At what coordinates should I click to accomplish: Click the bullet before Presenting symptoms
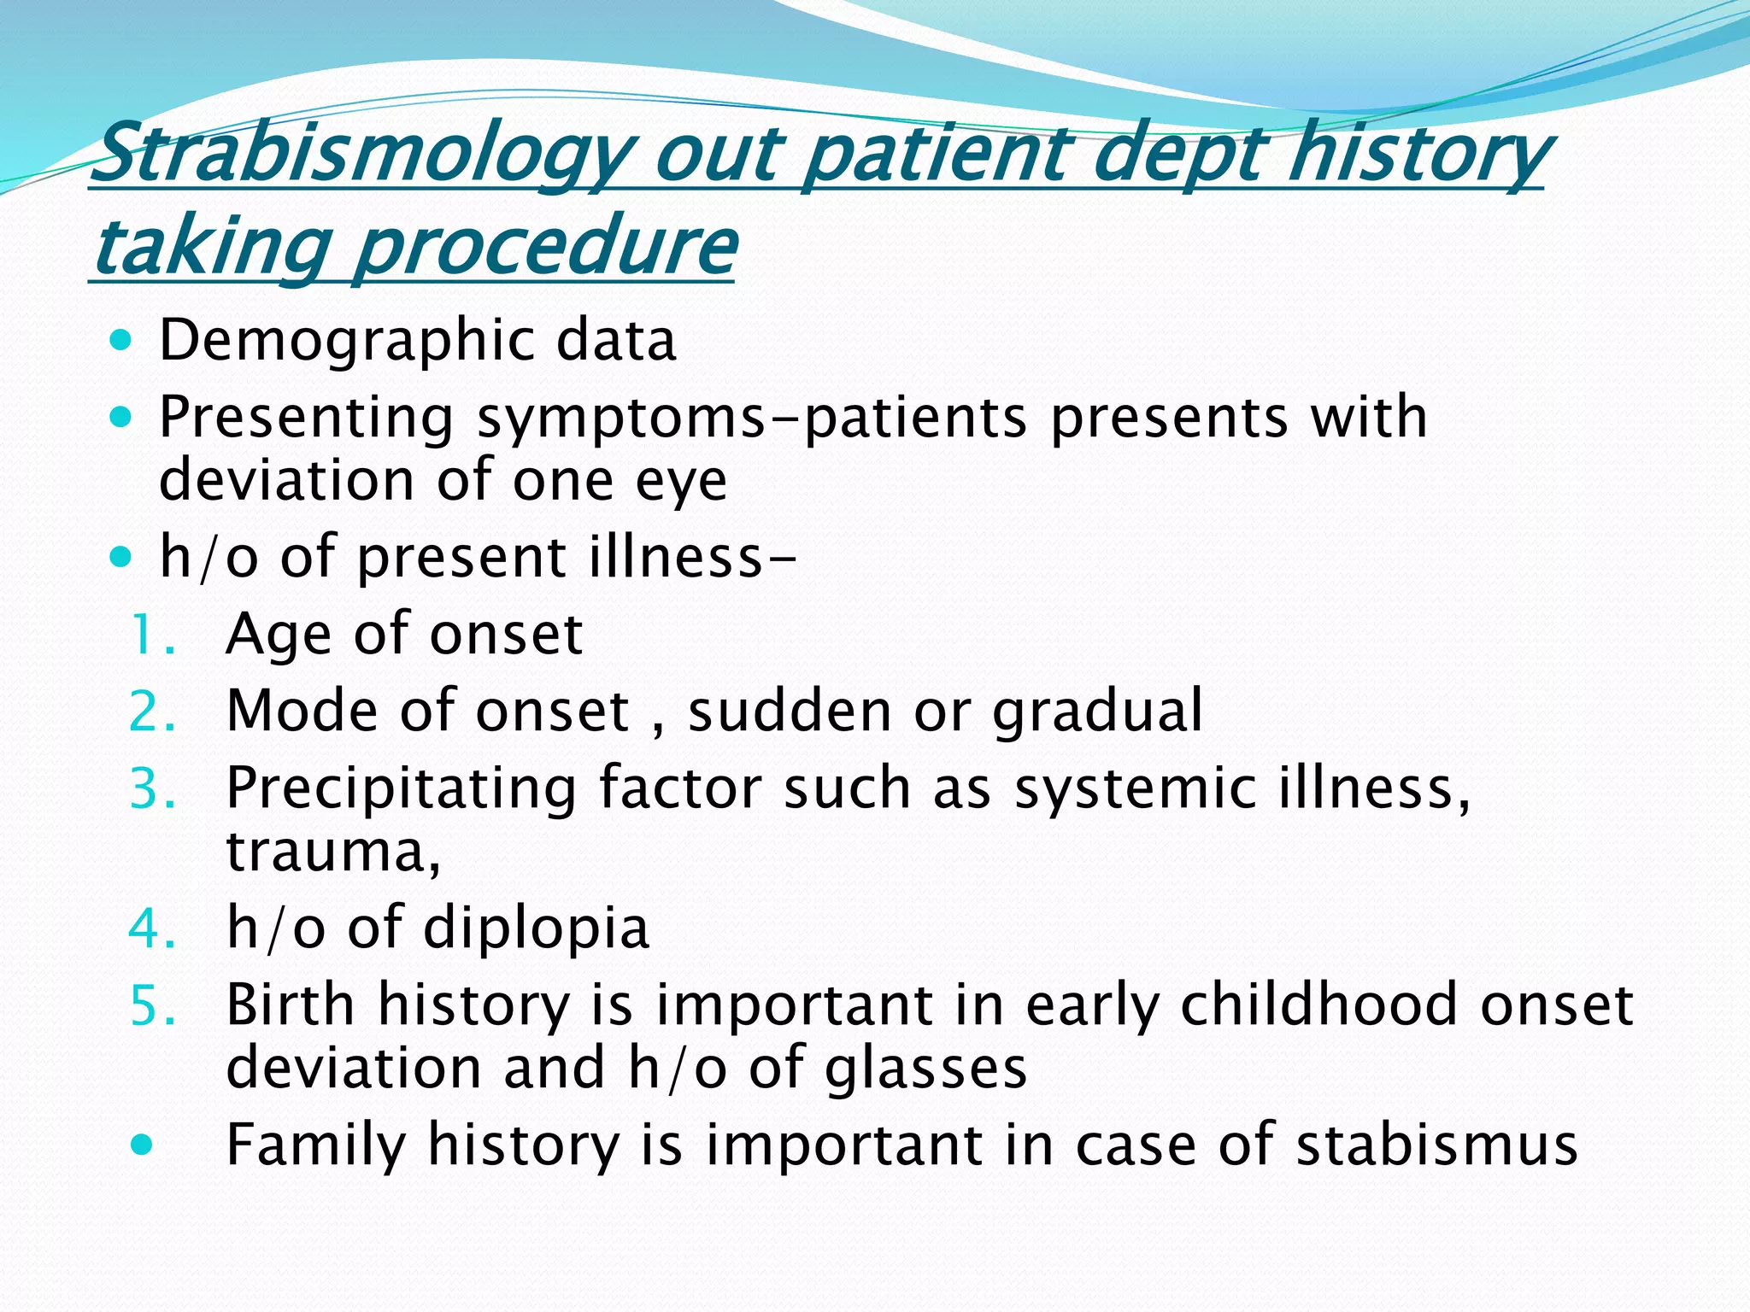(x=122, y=419)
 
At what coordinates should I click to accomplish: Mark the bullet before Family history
(x=142, y=1145)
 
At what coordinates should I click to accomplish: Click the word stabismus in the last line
(x=1436, y=1145)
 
